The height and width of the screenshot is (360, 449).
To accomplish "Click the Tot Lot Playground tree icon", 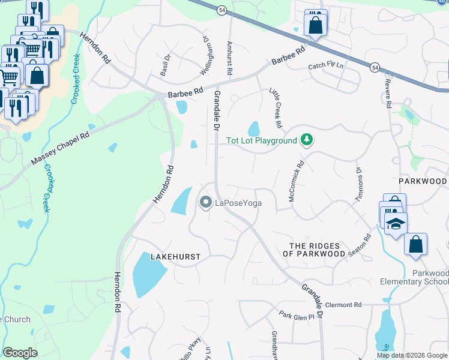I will click(307, 140).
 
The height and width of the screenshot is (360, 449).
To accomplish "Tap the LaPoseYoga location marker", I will click(205, 203).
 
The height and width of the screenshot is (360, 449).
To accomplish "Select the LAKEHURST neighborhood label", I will click(175, 256).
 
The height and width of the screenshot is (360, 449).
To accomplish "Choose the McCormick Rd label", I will click(297, 180).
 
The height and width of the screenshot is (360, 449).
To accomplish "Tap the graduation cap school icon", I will click(396, 224).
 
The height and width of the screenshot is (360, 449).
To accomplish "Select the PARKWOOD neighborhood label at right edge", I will click(423, 181).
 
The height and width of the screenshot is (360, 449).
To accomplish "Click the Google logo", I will click(20, 353).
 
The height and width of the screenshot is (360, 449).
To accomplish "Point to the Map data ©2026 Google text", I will click(412, 355).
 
